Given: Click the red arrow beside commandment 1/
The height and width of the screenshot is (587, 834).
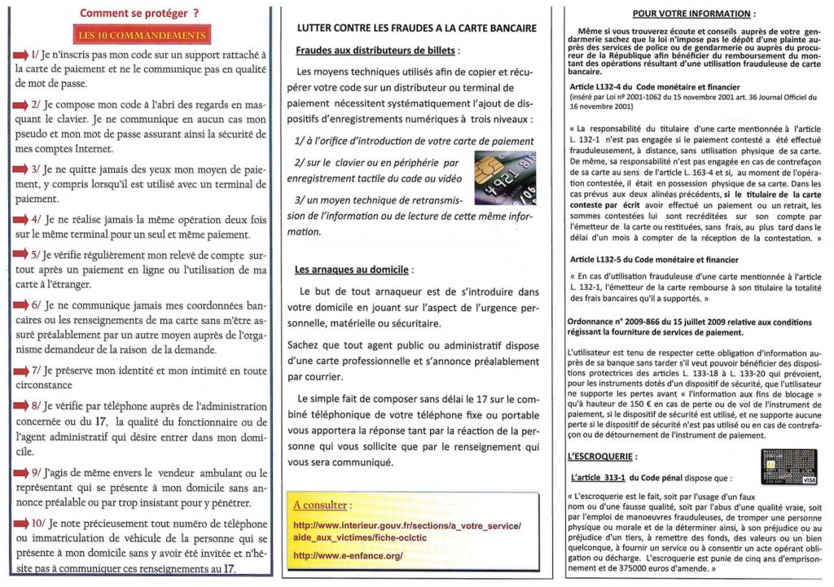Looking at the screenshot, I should pos(21,54).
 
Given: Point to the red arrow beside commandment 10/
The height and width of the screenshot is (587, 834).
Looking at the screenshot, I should pos(21,524).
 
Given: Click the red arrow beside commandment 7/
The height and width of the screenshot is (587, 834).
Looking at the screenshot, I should pos(21,371).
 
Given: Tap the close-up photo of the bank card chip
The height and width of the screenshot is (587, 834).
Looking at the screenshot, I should pos(505,177).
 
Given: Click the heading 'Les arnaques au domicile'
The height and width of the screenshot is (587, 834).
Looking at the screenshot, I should pos(353,269).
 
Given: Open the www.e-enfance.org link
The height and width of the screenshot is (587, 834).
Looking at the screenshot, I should pos(348,555).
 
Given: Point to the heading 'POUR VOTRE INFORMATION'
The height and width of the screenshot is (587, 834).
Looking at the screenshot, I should pos(691,14).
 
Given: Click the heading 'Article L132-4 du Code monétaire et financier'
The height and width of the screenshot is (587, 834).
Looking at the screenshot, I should pos(652,88).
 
